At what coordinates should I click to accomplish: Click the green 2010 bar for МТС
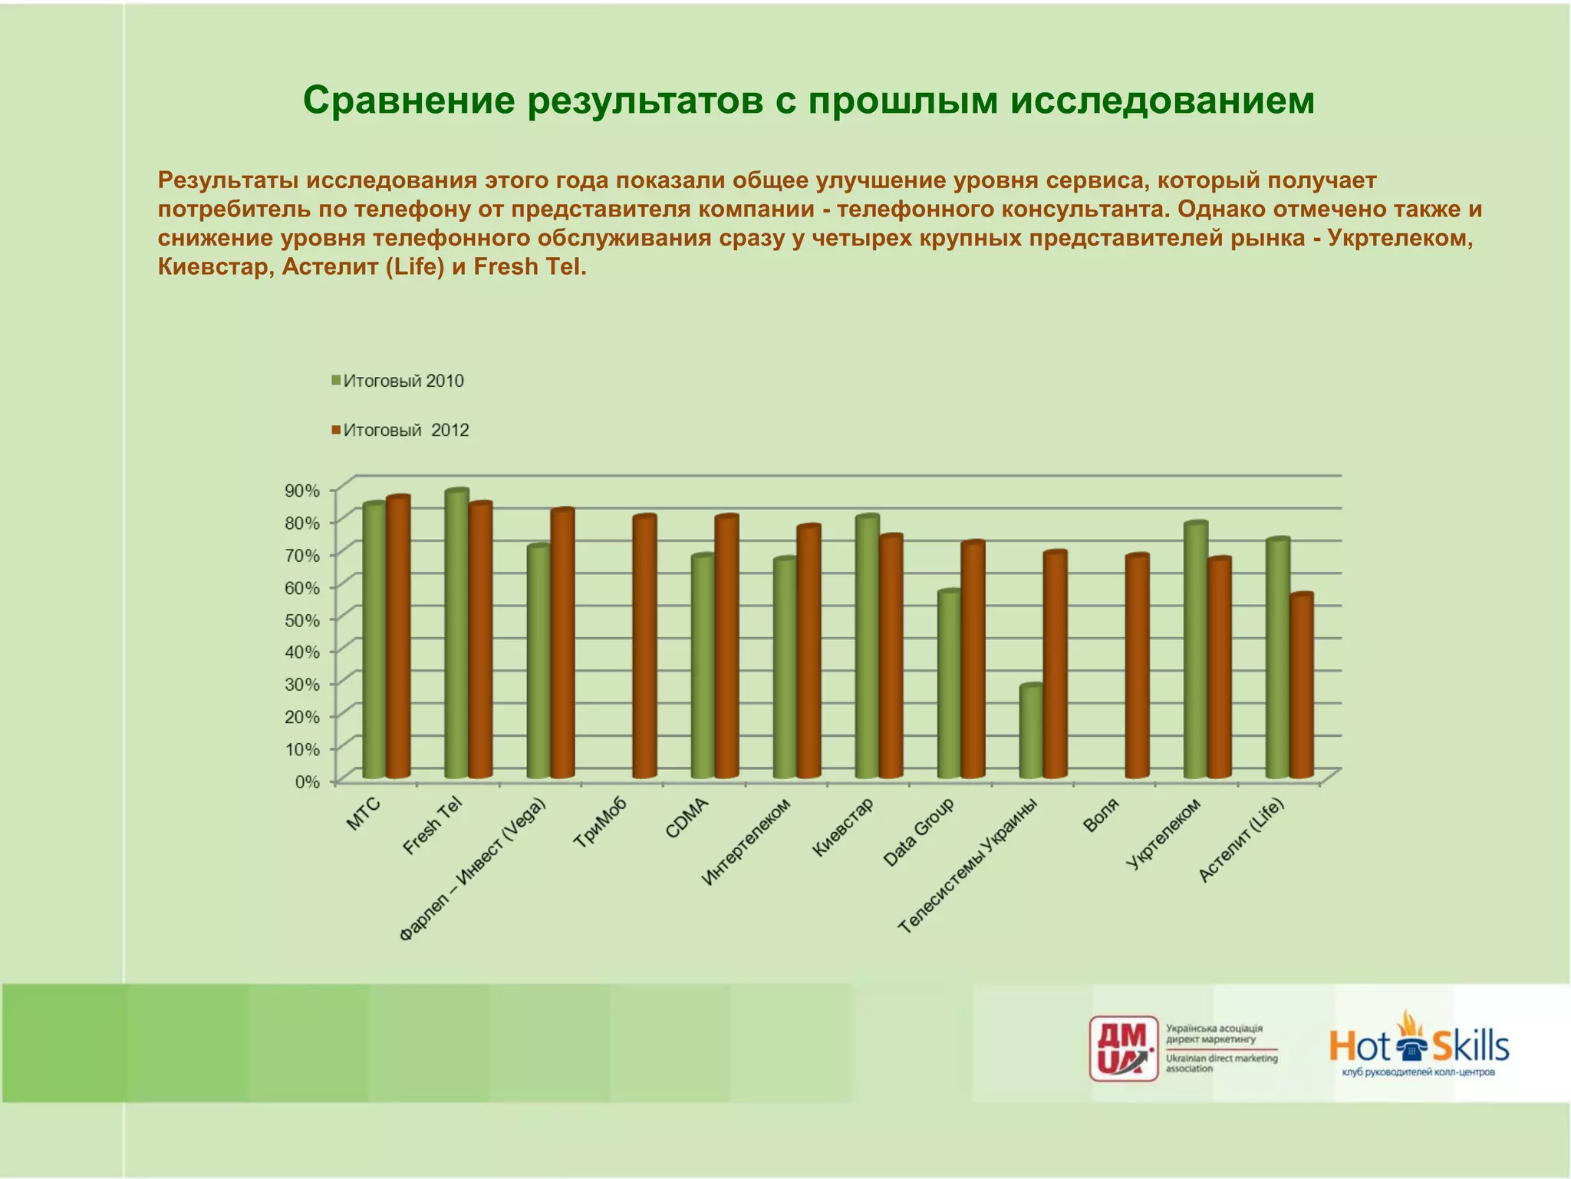point(374,641)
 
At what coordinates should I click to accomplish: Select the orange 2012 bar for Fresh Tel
point(480,640)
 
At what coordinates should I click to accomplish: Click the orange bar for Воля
point(1137,666)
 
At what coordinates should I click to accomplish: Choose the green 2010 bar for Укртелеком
point(1195,650)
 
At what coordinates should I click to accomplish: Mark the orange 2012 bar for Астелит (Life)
point(1301,686)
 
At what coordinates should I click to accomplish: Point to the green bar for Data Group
point(949,685)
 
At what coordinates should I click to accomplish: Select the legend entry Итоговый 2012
point(400,430)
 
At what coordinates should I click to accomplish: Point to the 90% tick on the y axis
point(302,490)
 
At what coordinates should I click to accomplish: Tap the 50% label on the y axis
point(302,619)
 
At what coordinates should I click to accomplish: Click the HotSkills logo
point(1418,1045)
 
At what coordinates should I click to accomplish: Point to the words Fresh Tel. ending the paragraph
point(530,267)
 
